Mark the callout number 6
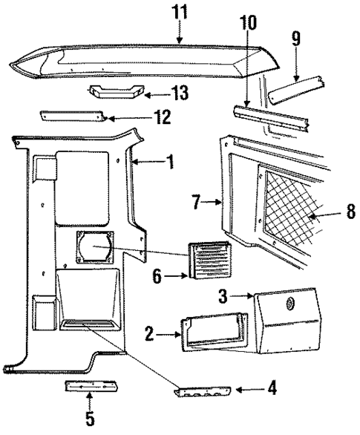[157, 278]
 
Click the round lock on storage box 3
[289, 304]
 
